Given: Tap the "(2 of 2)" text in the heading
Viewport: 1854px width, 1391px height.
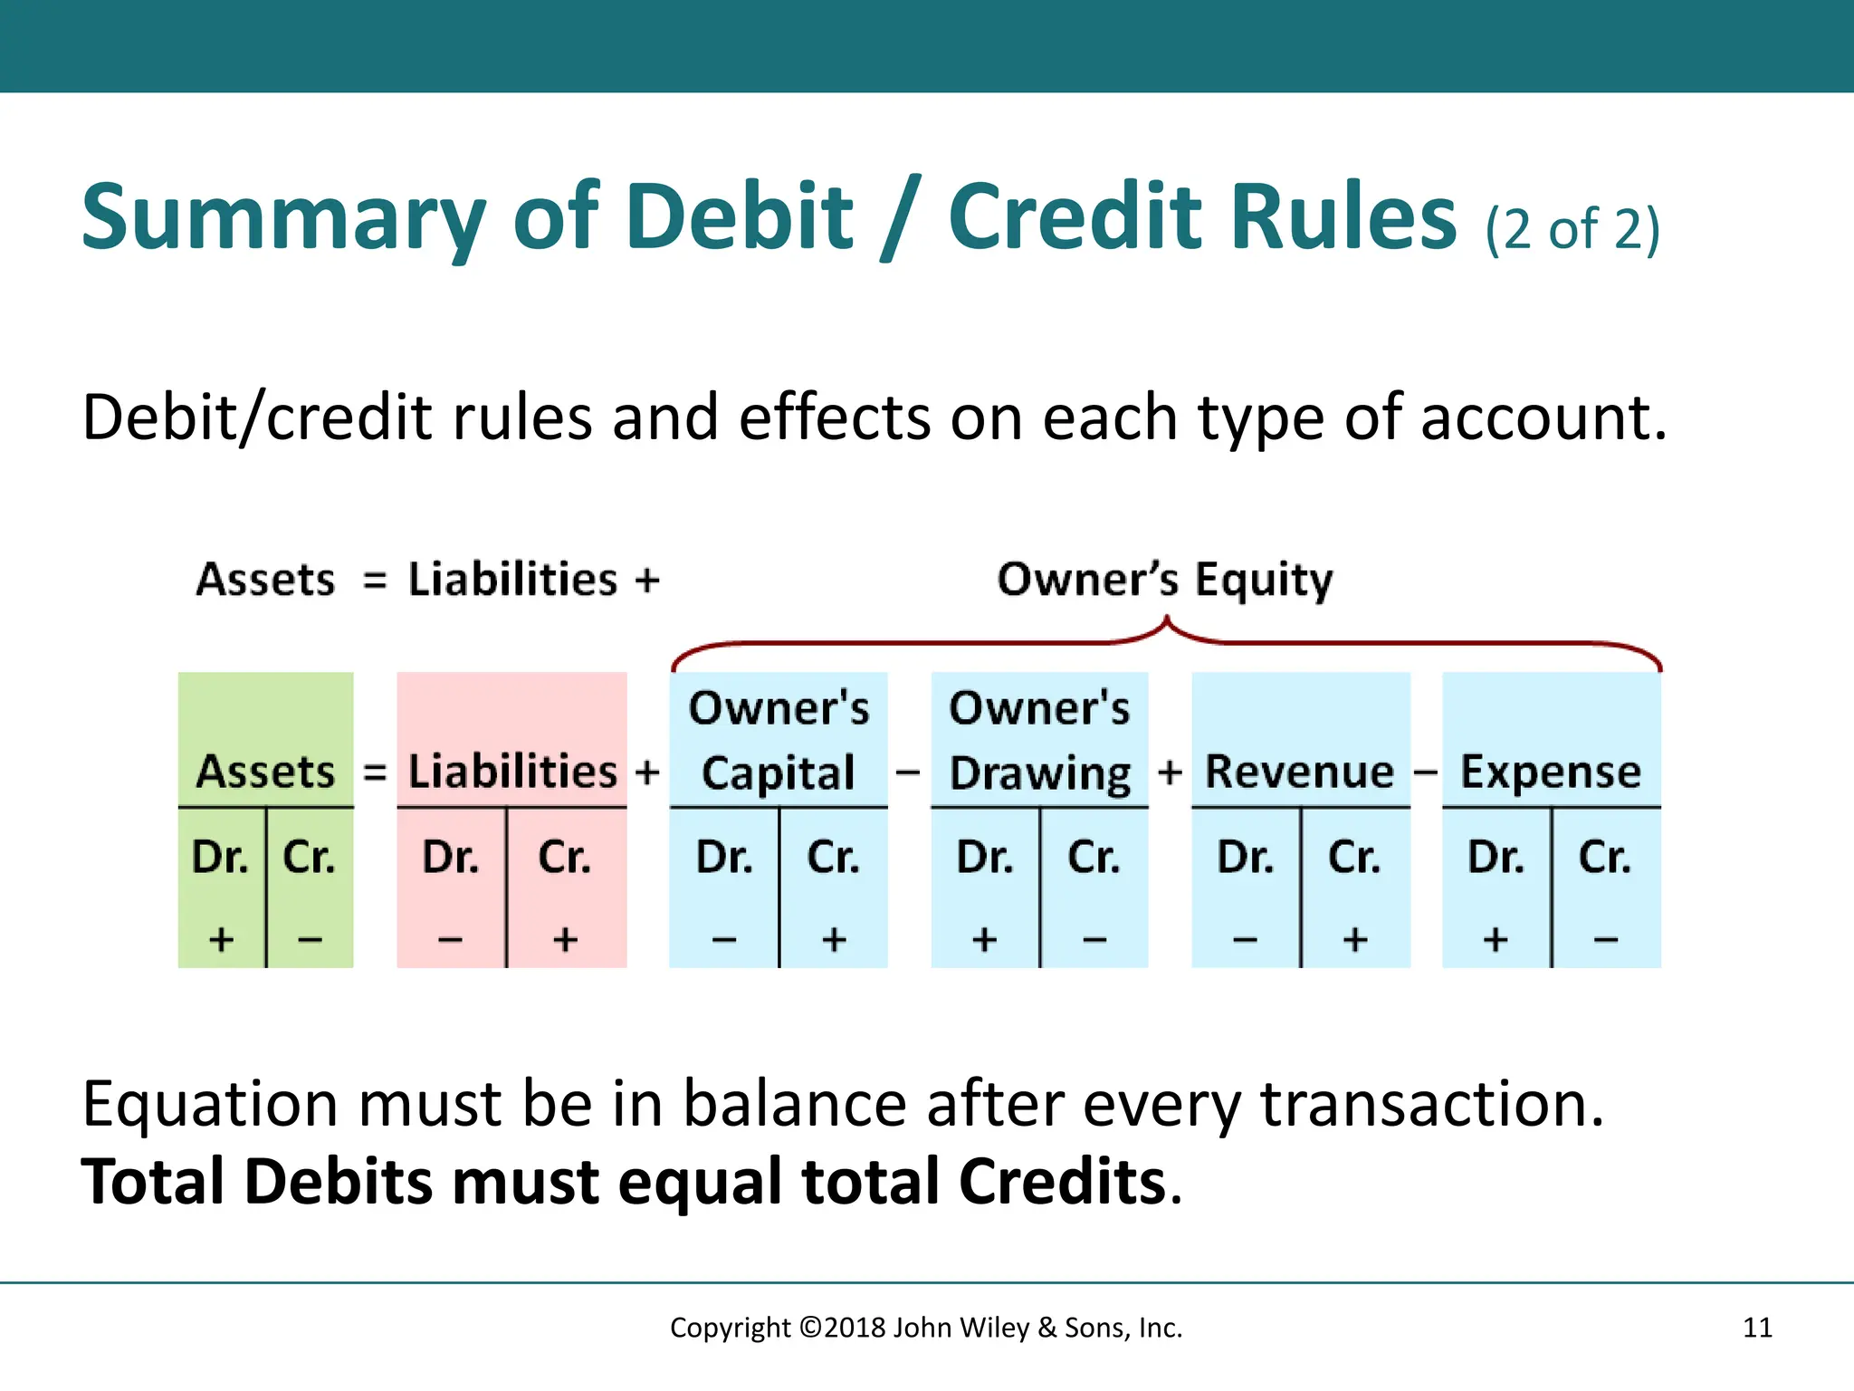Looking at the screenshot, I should (x=1572, y=228).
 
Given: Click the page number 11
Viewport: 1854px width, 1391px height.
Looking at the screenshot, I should (x=1757, y=1328).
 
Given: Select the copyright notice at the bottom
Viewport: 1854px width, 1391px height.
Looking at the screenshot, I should (x=926, y=1328).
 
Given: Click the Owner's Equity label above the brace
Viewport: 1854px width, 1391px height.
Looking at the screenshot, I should (x=1165, y=580).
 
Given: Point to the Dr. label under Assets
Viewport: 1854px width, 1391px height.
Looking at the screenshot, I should (x=220, y=857).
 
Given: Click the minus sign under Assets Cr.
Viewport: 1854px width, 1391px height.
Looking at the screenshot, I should (x=310, y=940).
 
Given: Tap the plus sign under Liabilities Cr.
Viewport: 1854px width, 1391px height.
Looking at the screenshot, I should (x=565, y=940).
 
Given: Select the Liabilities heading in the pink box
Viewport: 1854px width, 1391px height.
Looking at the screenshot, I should (x=512, y=772).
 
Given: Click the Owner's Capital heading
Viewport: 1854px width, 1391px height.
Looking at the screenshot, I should (x=779, y=740).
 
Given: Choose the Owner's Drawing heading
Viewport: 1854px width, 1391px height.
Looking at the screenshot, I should (x=1039, y=740).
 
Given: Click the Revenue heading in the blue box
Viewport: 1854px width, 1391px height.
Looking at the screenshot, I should (x=1300, y=772).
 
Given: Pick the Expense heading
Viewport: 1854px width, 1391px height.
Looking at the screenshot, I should (x=1551, y=772).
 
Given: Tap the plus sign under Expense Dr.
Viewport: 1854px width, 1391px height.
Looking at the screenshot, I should (x=1496, y=940).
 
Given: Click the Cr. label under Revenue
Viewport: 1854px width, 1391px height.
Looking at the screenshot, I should (x=1354, y=857).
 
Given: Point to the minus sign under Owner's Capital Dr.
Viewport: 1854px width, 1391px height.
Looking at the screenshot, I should (x=723, y=940).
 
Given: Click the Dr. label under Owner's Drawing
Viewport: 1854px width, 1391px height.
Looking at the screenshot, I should (x=985, y=857).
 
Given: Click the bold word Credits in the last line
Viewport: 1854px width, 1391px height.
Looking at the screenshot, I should (x=1062, y=1182).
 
